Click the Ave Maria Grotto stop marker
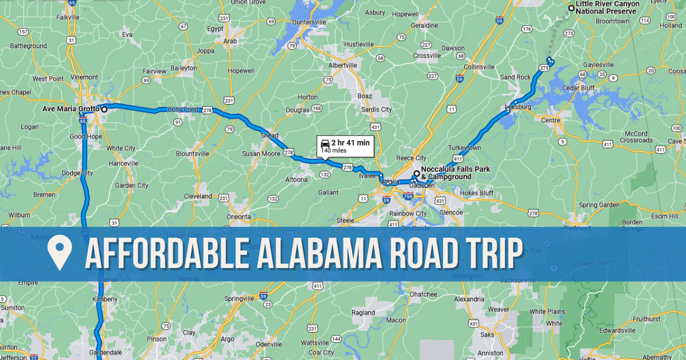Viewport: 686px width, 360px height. click(104, 109)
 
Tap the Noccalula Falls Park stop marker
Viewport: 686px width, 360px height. click(417, 173)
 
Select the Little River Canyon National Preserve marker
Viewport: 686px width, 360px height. click(571, 8)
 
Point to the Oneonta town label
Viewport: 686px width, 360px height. click(238, 217)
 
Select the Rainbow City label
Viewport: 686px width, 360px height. click(408, 213)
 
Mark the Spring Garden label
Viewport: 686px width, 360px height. click(599, 205)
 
